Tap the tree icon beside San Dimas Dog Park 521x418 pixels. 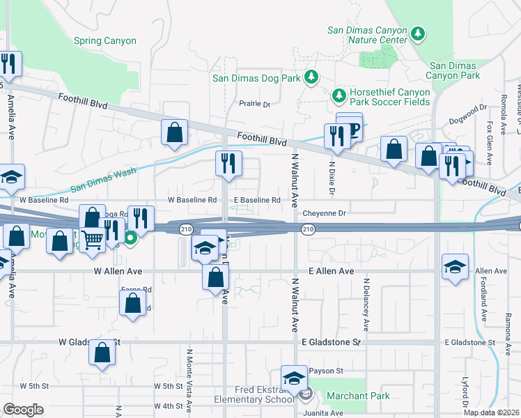click(311, 78)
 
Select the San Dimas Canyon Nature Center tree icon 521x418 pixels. click(418, 33)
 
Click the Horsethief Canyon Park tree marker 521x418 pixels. click(339, 94)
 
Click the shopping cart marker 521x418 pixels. click(93, 240)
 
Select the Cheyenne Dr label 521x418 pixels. click(323, 213)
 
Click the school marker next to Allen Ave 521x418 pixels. click(455, 267)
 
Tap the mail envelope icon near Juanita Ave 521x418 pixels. click(306, 396)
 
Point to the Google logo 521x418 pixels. click(23, 410)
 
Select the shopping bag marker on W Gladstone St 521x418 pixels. click(102, 353)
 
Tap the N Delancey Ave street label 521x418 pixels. click(365, 305)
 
